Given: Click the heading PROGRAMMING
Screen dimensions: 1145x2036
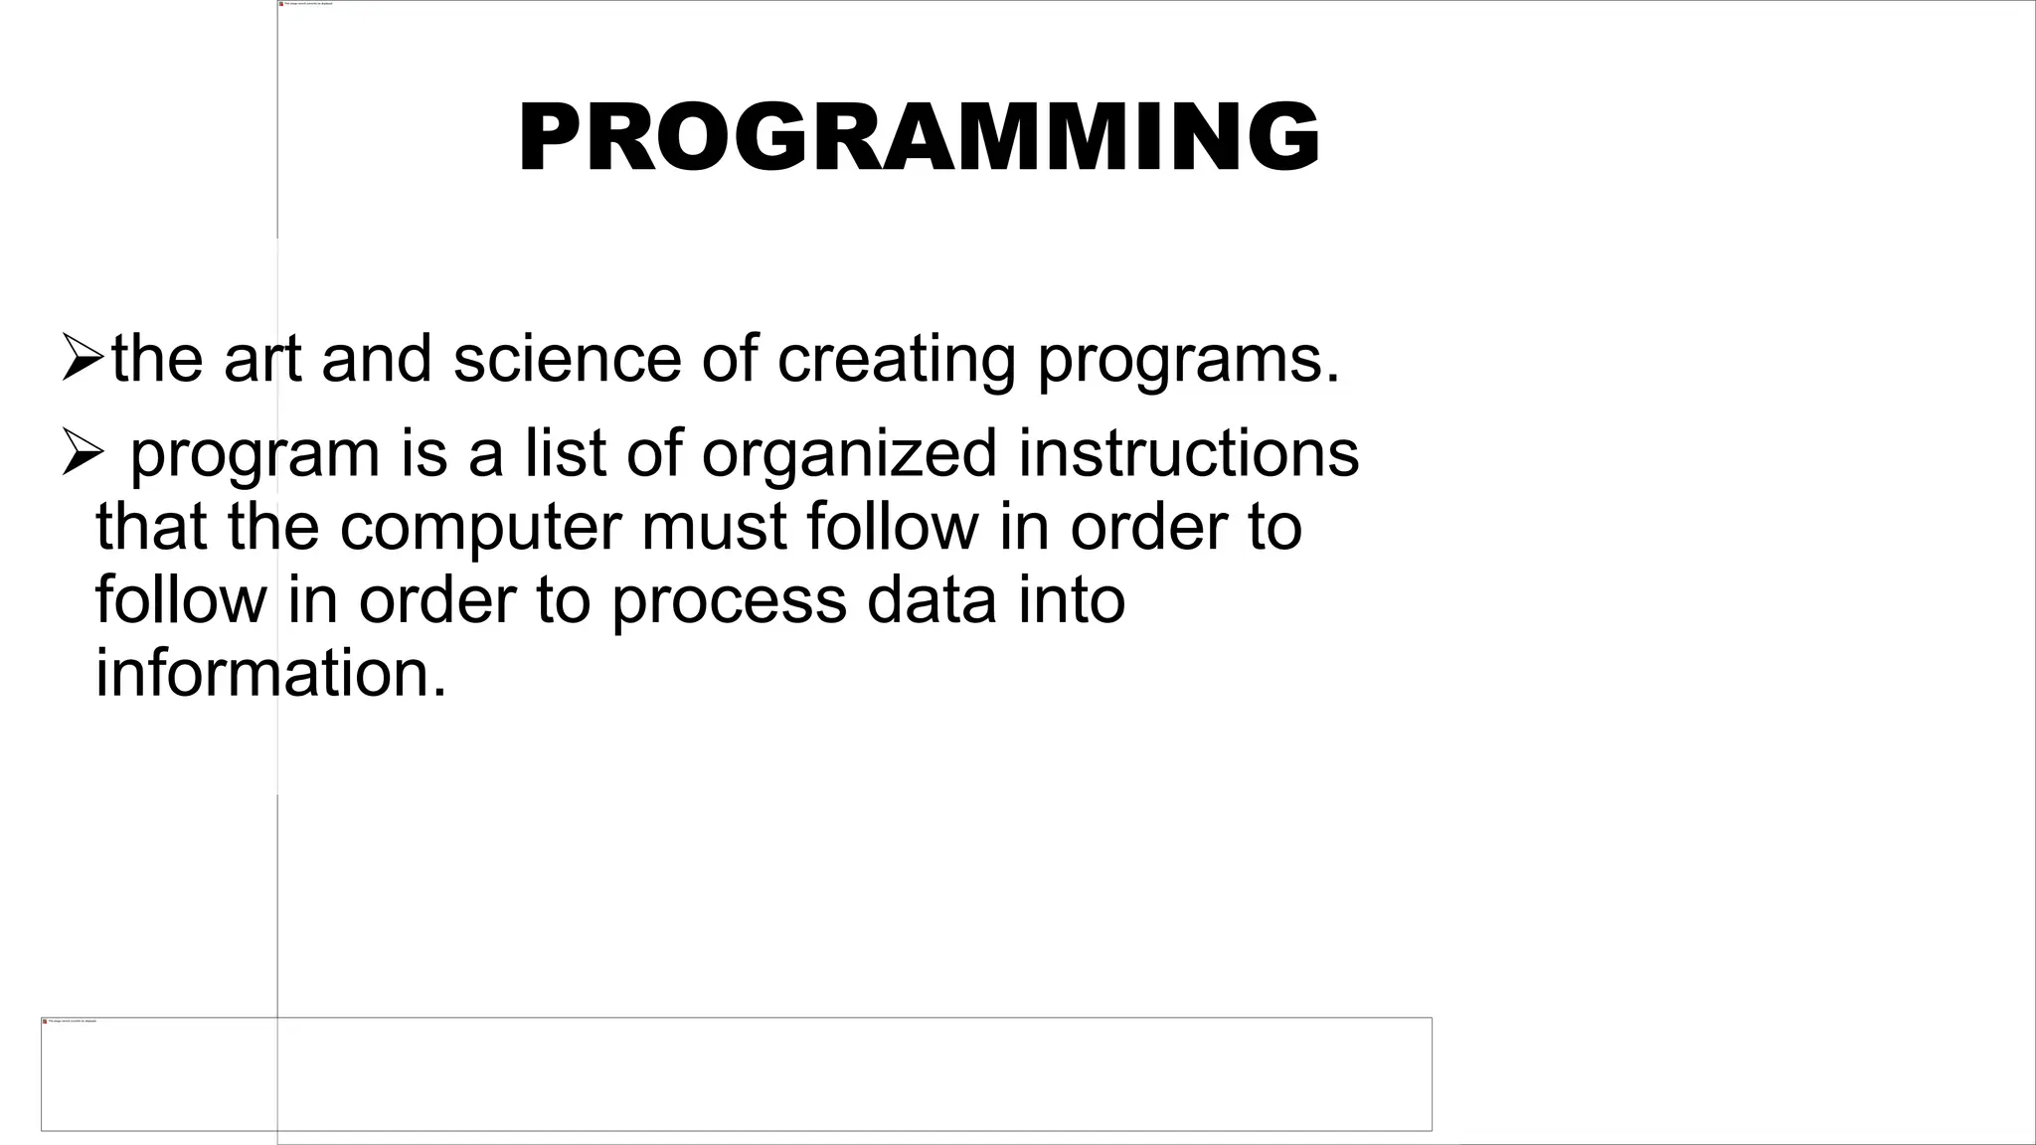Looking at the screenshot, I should click(x=920, y=138).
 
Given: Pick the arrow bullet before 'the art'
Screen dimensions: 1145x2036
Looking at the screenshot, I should click(x=82, y=358).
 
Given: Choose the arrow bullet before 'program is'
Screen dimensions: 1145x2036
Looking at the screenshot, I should click(x=82, y=452).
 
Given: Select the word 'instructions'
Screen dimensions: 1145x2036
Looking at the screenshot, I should click(x=1188, y=452).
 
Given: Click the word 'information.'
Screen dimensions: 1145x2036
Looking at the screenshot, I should click(x=271, y=673).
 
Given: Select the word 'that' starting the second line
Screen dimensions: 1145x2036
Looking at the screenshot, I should click(x=151, y=527).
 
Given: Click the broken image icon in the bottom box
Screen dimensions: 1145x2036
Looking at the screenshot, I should click(x=45, y=1021).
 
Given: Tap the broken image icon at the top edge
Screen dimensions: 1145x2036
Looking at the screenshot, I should click(x=281, y=4).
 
